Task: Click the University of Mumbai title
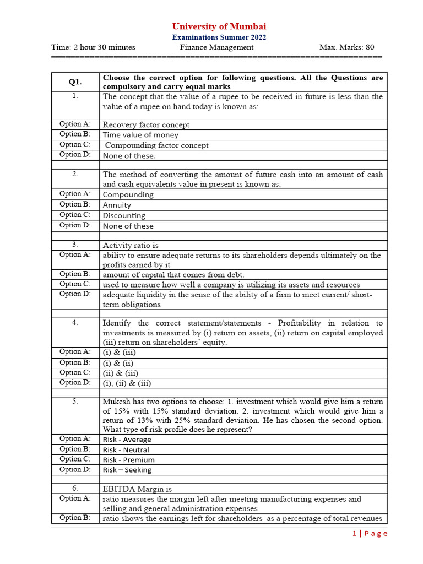pyautogui.click(x=219, y=26)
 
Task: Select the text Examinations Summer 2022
pyautogui.click(x=219, y=37)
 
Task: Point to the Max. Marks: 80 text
pyautogui.click(x=346, y=47)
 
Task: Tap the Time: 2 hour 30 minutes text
pyautogui.click(x=93, y=47)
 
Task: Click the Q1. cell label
pyautogui.click(x=75, y=82)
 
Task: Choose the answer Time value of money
pyautogui.click(x=140, y=134)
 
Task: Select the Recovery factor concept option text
pyautogui.click(x=146, y=125)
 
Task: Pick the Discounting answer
pyautogui.click(x=124, y=215)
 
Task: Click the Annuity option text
pyautogui.click(x=117, y=205)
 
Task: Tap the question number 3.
pyautogui.click(x=75, y=245)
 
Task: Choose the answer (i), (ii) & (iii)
pyautogui.click(x=126, y=383)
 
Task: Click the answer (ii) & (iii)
pyautogui.click(x=120, y=373)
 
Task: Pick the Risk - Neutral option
pyautogui.click(x=126, y=449)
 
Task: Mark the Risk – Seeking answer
pyautogui.click(x=127, y=470)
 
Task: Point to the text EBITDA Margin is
pyautogui.click(x=137, y=489)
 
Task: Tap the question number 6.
pyautogui.click(x=75, y=488)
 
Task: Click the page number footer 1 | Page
pyautogui.click(x=370, y=533)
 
